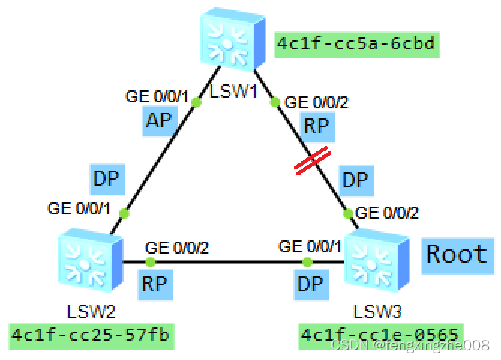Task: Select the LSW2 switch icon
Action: [x=88, y=259]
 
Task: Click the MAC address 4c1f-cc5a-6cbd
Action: [x=356, y=44]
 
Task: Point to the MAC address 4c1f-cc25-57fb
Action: [x=91, y=334]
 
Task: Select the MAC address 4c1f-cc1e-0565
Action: [x=380, y=334]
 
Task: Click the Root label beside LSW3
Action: [x=456, y=253]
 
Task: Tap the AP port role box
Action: [x=158, y=121]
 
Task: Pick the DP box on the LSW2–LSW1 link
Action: [x=106, y=177]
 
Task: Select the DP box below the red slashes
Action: [x=355, y=181]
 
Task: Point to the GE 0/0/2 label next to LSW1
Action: [x=318, y=101]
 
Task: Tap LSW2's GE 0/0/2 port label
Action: [x=177, y=247]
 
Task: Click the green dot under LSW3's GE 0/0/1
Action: [x=307, y=262]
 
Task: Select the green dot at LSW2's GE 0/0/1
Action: [x=124, y=214]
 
